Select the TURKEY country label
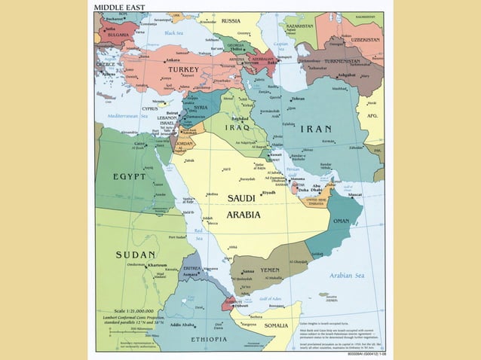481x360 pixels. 183,69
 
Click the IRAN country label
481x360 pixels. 316,129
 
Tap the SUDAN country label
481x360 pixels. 136,255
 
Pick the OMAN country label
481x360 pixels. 342,221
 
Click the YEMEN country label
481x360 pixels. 270,270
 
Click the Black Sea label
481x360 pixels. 174,33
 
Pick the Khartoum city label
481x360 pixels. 158,265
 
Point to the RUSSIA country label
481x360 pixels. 231,20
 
